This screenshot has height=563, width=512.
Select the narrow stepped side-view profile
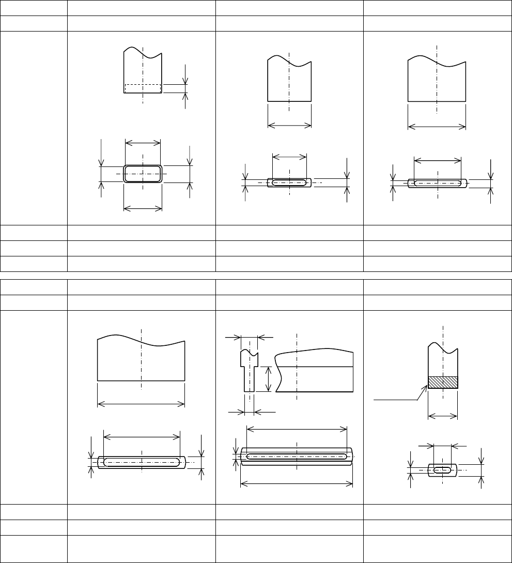point(249,370)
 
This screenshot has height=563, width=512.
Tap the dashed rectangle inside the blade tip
point(143,88)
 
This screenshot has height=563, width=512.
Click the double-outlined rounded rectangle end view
point(143,174)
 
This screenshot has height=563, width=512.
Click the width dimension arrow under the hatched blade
point(443,415)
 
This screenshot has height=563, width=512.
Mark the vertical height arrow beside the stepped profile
point(268,379)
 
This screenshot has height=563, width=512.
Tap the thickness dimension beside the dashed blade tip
point(185,88)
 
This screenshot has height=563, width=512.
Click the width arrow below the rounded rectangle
point(143,208)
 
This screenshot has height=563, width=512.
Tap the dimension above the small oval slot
point(442,445)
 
